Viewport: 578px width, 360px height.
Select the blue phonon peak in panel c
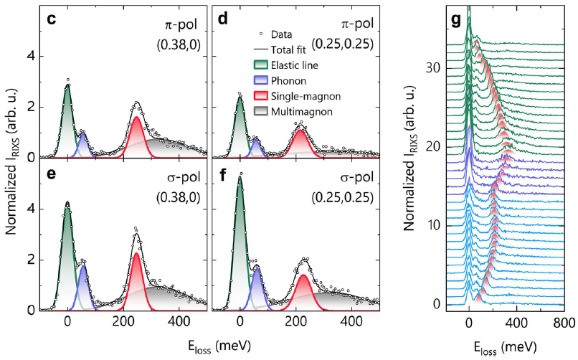83,146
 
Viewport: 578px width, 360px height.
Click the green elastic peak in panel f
240,237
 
